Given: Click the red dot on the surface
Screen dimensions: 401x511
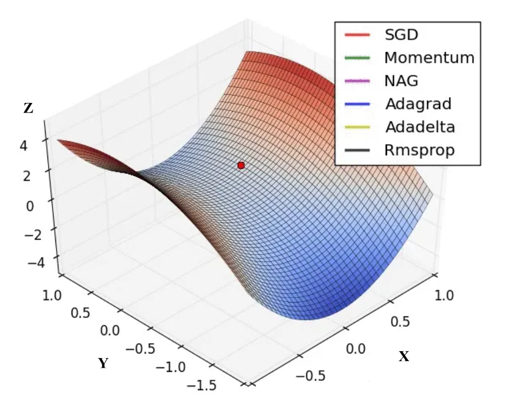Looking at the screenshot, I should pos(241,165).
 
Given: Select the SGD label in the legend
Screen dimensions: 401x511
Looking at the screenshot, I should pos(401,35).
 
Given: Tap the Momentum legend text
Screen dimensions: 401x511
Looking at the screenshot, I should pos(429,58).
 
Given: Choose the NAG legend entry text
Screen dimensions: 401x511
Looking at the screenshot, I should pos(402,81).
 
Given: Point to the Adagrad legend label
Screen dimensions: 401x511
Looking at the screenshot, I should pos(418,104).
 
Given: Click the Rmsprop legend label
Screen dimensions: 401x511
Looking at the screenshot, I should pos(420,150).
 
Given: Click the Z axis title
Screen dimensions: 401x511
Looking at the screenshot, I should pos(28,108).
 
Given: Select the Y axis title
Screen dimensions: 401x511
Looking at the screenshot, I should pos(103,363).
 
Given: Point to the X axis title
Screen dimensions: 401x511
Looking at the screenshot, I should pos(404,357).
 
